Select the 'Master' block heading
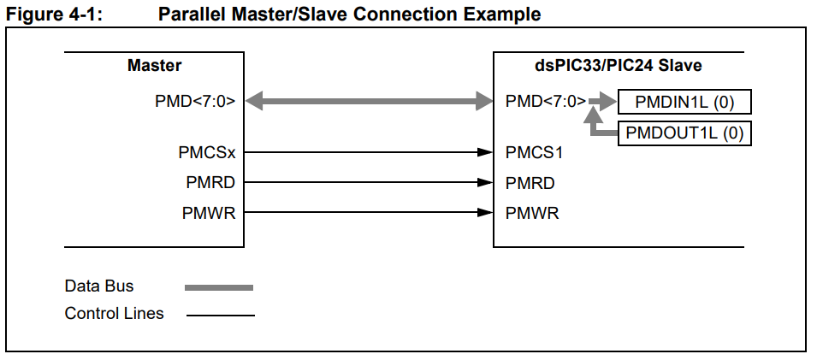tap(154, 65)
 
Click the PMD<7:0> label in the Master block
tap(195, 102)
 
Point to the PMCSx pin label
tap(207, 154)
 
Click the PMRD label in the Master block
tap(210, 183)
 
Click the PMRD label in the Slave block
tap(530, 183)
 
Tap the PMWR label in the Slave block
tap(531, 213)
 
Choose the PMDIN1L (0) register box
tap(684, 103)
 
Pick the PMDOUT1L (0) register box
tap(684, 133)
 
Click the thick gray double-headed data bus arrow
tap(369, 102)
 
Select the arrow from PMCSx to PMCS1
tap(369, 154)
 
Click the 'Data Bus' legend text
tap(98, 286)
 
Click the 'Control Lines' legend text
tap(114, 314)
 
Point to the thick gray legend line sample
tap(219, 287)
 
